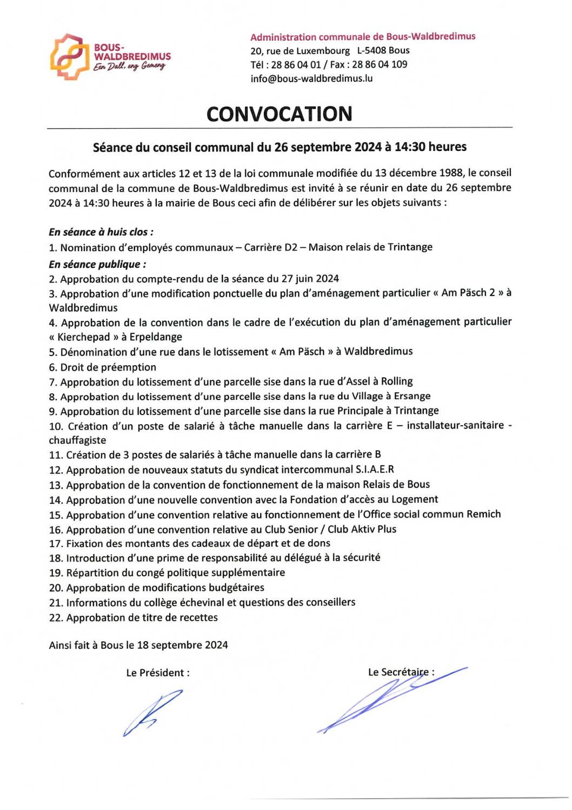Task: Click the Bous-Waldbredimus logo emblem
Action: coord(69,57)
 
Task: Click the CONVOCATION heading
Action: coord(279,114)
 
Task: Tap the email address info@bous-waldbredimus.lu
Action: coord(311,78)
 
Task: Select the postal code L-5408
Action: coord(371,50)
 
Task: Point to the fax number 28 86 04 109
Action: coord(380,64)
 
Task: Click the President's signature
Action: coord(151,712)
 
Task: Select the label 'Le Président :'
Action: coord(158,673)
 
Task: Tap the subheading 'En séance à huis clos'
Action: coord(101,232)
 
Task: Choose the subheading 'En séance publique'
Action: coord(97,264)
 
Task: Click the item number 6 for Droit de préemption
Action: coord(52,367)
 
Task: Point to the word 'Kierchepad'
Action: coord(84,337)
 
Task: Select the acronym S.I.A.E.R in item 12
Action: coord(375,469)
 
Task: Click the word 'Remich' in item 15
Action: coord(484,514)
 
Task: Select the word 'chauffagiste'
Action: coord(77,440)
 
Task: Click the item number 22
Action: coord(56,618)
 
